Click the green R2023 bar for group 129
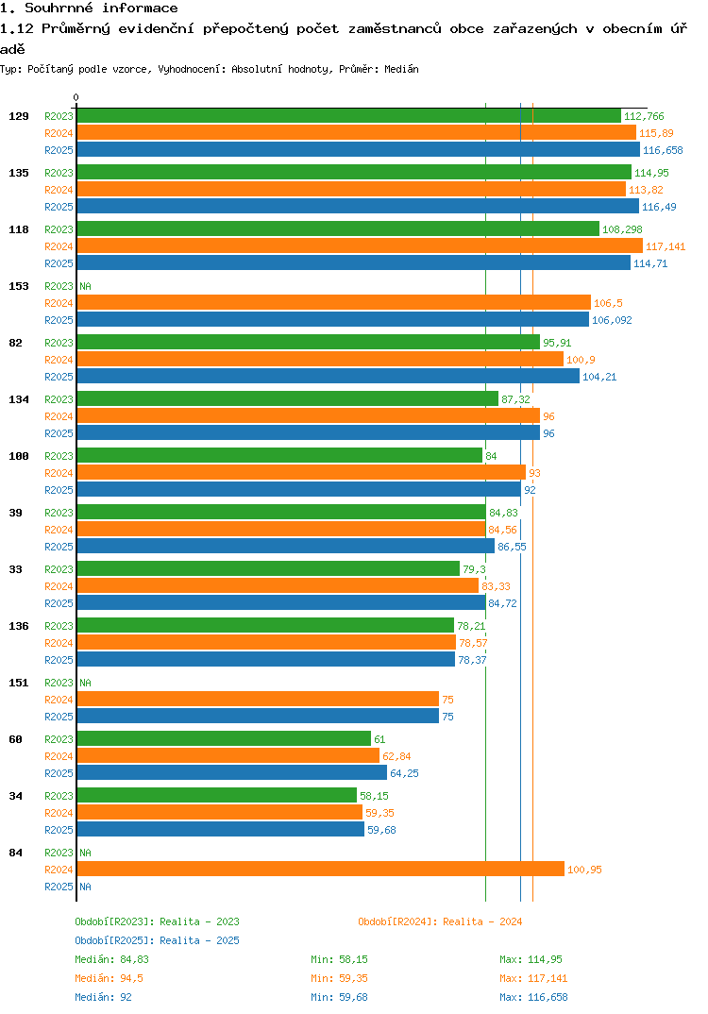pos(348,116)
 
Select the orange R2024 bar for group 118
pos(359,246)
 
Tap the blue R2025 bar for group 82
pos(328,377)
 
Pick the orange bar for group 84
pos(320,870)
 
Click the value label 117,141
pos(666,246)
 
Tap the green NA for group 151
pos(85,683)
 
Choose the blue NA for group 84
pos(85,887)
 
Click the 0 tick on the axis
pos(76,97)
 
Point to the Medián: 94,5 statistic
pos(109,978)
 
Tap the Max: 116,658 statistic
pos(533,997)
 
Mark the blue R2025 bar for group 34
pos(220,830)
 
